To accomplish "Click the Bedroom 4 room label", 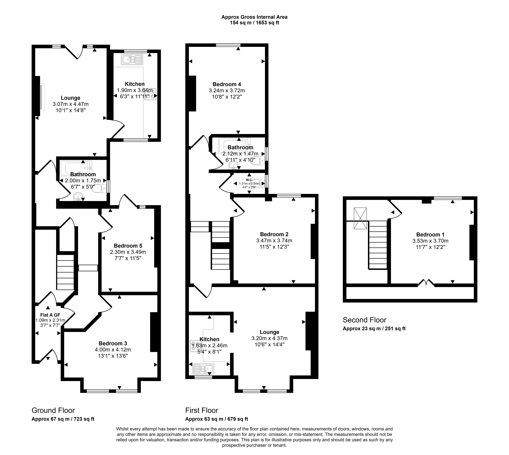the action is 227,84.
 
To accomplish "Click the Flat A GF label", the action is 50,315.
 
